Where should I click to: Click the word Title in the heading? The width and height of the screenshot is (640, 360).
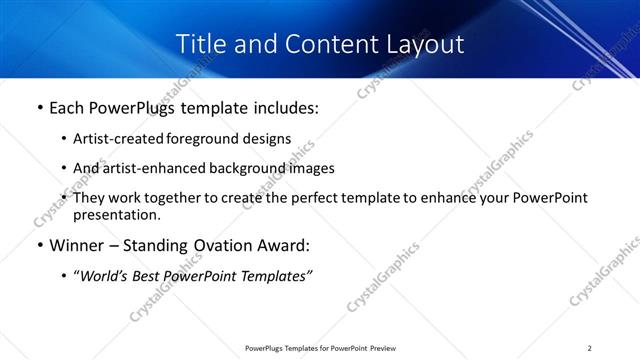pos(200,44)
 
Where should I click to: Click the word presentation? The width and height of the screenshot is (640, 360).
pos(116,214)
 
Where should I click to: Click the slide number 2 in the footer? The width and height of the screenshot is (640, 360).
pos(590,348)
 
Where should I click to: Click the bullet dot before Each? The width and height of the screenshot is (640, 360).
pos(39,108)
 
